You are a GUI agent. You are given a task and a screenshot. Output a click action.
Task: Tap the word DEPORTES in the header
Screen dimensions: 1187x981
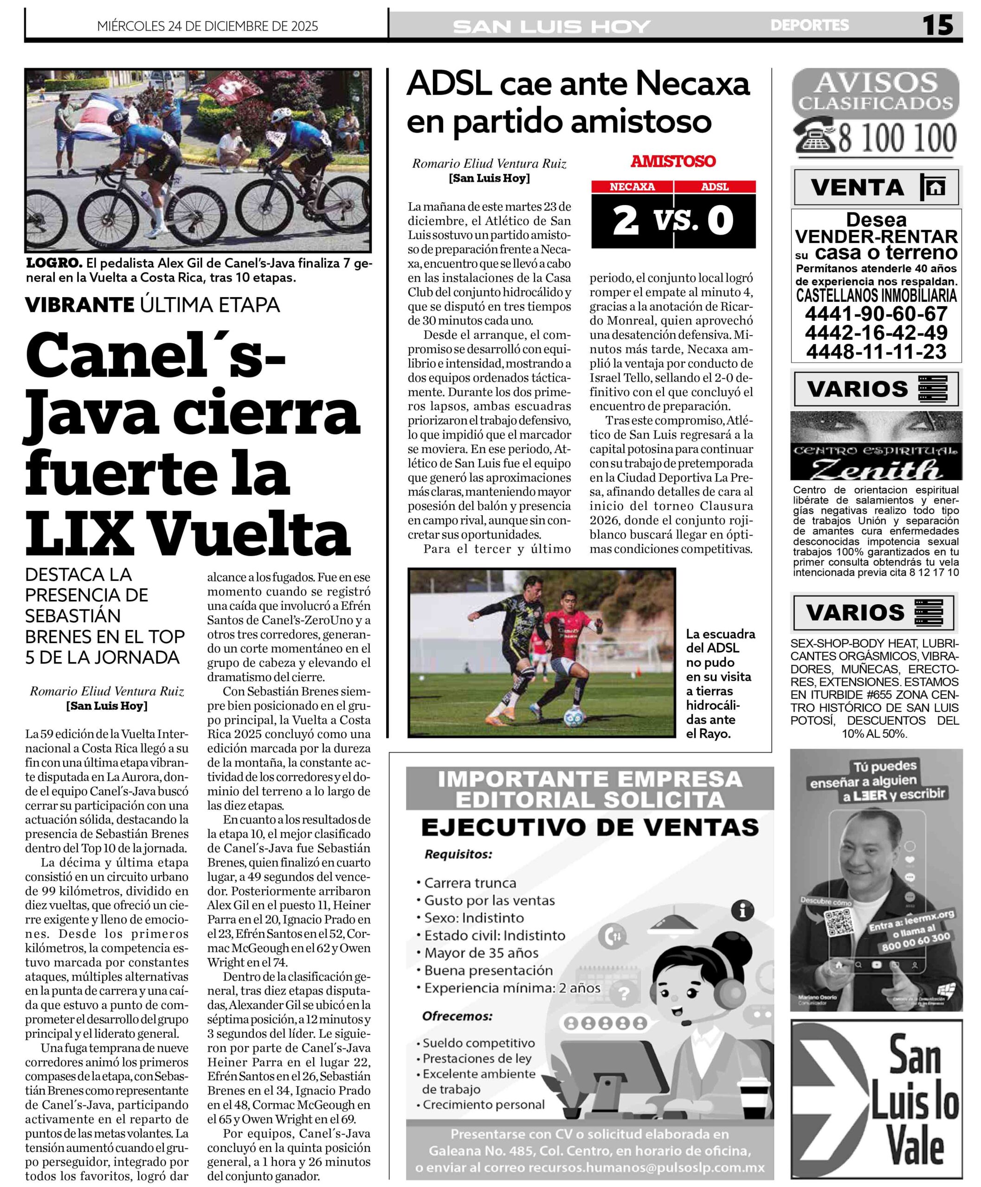[x=809, y=26]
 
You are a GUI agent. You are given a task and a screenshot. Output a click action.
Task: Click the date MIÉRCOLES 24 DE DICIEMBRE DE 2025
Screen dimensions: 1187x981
[x=207, y=26]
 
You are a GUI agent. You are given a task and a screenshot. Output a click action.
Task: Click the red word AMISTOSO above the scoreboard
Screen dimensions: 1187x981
[x=673, y=161]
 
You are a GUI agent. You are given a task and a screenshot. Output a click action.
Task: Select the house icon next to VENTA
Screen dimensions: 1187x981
[x=936, y=187]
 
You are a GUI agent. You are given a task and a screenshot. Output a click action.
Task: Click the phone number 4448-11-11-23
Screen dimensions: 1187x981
[x=876, y=351]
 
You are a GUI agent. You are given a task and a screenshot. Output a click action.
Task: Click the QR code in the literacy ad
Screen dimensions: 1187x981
[x=839, y=922]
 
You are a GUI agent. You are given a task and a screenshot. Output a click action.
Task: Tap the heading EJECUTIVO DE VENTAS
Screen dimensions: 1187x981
[x=589, y=827]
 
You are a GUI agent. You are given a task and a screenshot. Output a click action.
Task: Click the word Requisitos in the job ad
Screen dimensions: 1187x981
[x=458, y=855]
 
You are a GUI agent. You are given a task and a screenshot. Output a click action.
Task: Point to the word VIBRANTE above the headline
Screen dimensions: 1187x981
[x=79, y=305]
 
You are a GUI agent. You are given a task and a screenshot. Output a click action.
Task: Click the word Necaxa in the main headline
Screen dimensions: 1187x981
[x=692, y=85]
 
